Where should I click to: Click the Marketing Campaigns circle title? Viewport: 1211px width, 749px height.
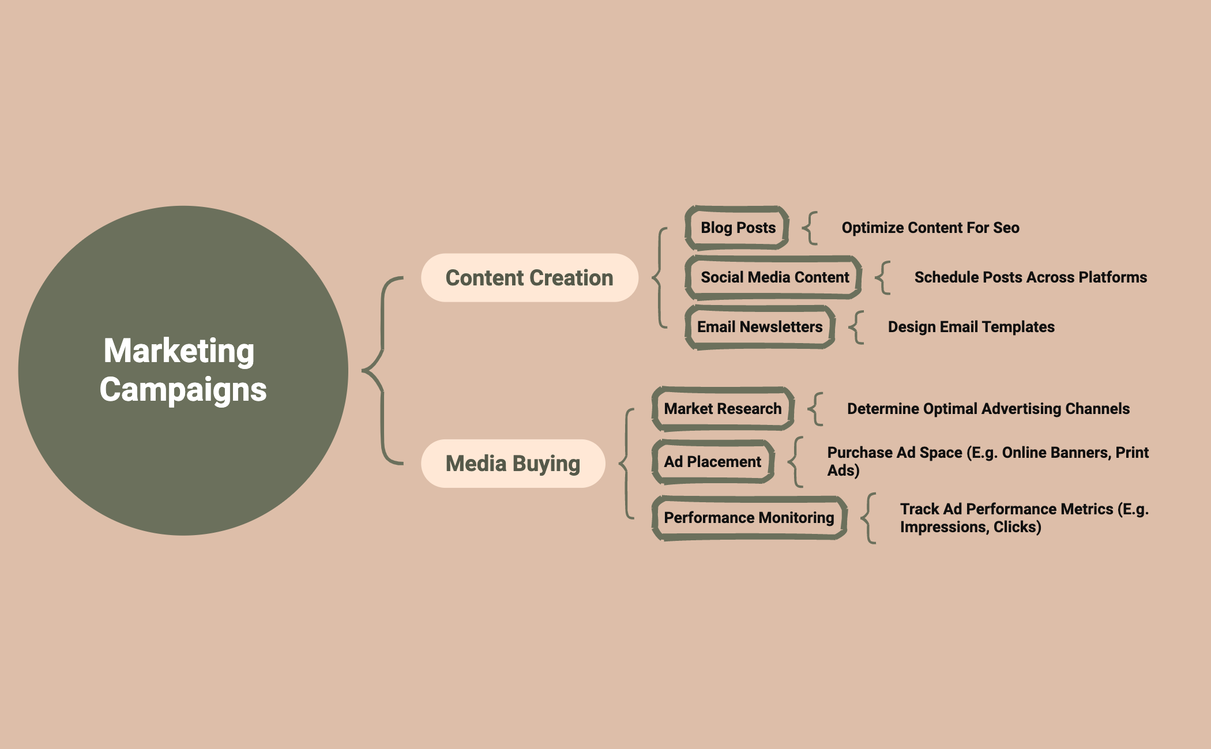tap(182, 370)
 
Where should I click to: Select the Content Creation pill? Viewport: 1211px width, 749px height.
tap(529, 278)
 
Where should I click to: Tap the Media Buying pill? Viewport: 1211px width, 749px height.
tap(513, 464)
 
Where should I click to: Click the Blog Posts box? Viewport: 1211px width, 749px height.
tap(738, 228)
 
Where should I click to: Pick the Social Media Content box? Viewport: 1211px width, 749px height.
tap(774, 277)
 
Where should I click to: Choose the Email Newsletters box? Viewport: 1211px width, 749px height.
tap(759, 327)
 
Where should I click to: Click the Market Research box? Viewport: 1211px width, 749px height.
tap(723, 409)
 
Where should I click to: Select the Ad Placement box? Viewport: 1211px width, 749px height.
tap(712, 462)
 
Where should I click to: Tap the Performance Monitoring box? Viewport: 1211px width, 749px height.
tap(749, 518)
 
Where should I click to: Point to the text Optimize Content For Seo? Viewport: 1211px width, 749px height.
tap(930, 228)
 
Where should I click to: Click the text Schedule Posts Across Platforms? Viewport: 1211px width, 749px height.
tap(1031, 277)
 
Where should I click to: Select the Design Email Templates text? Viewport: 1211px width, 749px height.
tap(971, 327)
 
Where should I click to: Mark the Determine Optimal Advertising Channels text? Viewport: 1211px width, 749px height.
tap(988, 409)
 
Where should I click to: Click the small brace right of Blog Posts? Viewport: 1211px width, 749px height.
tap(810, 228)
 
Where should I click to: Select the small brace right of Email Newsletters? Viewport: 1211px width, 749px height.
tap(856, 327)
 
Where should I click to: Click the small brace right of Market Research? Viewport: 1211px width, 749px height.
tap(815, 409)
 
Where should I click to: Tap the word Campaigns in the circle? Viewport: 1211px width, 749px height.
tap(183, 389)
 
